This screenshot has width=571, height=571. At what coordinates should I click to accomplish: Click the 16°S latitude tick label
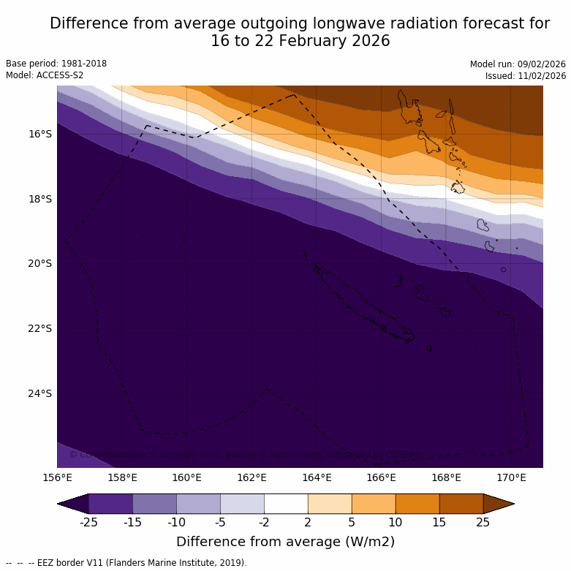40,134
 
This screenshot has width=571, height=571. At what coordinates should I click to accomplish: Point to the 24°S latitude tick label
40,393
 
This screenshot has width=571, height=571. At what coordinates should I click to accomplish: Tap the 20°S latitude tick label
40,263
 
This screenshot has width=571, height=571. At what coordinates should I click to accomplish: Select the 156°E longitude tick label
57,478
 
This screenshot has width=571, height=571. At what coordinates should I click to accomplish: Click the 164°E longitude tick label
317,478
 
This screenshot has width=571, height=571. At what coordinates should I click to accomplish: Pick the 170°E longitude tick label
511,478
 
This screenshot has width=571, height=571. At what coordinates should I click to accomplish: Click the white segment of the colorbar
286,504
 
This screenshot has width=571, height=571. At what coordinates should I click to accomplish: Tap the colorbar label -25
88,522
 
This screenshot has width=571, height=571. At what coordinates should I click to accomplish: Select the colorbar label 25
483,522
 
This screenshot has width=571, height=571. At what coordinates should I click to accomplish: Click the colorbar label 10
396,522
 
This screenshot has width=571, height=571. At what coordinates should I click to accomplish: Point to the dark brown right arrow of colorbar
499,504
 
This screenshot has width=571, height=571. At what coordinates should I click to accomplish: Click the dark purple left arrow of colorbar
73,504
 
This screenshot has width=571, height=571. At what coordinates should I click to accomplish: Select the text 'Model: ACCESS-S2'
45,75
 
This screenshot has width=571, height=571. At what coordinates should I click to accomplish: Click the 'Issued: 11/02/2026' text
526,76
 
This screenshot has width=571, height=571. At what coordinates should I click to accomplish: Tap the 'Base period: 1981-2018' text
56,64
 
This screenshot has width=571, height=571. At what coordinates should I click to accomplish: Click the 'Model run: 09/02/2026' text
518,64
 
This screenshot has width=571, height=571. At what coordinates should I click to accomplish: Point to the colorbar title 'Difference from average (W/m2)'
285,542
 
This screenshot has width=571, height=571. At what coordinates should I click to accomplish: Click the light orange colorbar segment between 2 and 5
330,504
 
